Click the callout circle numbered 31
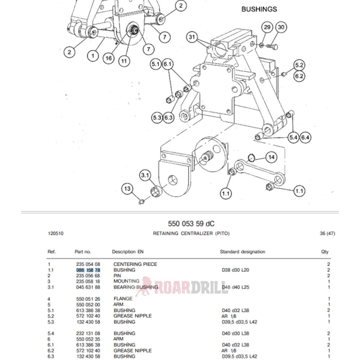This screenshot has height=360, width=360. tap(193, 37)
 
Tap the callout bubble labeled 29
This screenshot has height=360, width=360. tap(267, 27)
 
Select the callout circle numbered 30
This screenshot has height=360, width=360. tap(281, 27)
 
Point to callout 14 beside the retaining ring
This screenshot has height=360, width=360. tap(271, 157)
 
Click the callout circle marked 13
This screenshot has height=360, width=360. tap(127, 189)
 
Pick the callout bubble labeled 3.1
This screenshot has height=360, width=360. tap(145, 176)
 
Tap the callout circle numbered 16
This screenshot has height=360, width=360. tap(109, 58)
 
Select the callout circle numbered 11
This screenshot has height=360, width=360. tap(124, 61)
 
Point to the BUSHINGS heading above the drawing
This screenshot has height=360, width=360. tap(259, 9)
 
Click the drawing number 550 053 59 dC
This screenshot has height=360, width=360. tap(191, 224)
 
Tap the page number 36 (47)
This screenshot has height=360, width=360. tap(327, 233)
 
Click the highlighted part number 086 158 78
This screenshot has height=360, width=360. tap(88, 270)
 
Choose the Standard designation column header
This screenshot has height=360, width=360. tap(242, 252)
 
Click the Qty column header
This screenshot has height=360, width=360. tap(325, 252)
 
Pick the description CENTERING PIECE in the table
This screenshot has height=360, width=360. tap(135, 264)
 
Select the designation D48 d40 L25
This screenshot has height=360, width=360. tap(235, 287)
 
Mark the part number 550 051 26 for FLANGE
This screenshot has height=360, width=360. tap(88, 299)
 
